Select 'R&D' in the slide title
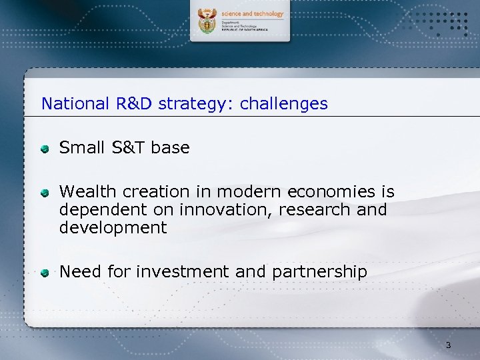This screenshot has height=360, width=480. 133,104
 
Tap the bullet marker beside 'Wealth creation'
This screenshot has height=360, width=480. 44,193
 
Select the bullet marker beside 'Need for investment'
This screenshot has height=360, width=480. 44,272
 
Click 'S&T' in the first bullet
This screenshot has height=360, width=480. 125,147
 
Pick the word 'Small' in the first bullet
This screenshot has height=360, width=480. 79,147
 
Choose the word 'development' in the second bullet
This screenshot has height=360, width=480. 113,228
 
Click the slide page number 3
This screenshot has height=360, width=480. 448,345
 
